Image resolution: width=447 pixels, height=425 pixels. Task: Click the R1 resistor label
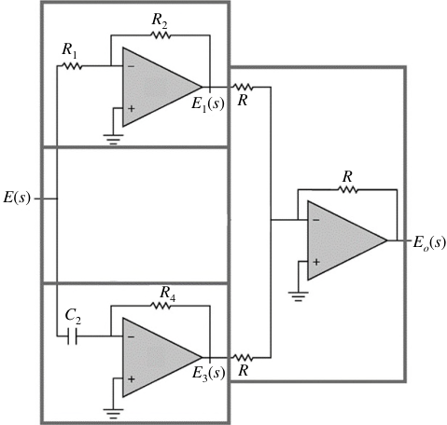(x=69, y=50)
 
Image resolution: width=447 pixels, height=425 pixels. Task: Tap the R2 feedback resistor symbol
(x=161, y=35)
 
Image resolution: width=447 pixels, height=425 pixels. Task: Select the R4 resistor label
(x=168, y=294)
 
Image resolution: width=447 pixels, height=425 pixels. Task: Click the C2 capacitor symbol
(x=72, y=336)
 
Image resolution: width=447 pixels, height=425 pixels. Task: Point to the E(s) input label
(x=17, y=198)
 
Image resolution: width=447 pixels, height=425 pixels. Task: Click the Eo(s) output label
(x=429, y=242)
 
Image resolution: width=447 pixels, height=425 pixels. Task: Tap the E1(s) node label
(x=208, y=103)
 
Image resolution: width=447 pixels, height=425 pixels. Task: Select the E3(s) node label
(x=208, y=373)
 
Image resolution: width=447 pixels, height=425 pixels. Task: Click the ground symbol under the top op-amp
(x=113, y=139)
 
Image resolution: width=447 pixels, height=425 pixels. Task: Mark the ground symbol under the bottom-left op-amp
(x=113, y=414)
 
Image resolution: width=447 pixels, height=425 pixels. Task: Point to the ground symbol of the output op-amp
(x=299, y=296)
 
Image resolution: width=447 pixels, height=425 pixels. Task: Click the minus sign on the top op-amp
(x=131, y=66)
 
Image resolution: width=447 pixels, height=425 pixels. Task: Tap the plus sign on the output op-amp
(x=316, y=262)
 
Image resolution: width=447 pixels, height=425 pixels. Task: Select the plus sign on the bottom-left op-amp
(x=131, y=379)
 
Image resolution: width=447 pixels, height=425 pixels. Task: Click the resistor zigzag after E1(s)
(x=243, y=87)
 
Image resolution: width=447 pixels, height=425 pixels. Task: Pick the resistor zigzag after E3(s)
(x=243, y=358)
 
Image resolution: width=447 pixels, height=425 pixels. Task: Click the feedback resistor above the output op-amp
(x=347, y=189)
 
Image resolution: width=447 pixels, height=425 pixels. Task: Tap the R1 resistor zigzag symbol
(x=72, y=66)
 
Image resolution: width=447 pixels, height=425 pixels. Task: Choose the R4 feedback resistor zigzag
(x=161, y=306)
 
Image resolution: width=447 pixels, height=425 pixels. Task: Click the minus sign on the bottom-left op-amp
(x=131, y=336)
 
